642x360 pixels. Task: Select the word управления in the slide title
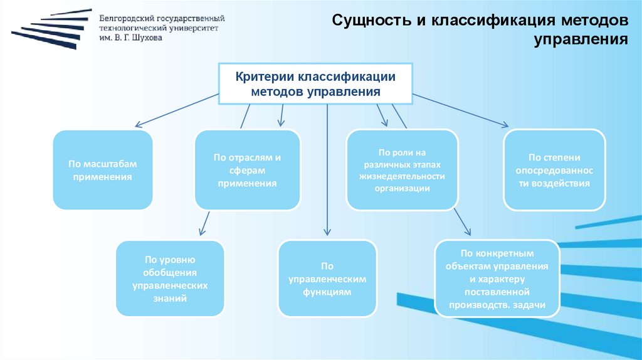[581, 41]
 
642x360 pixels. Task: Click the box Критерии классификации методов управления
[315, 84]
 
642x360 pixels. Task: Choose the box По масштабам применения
[103, 170]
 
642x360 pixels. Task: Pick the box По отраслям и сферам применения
[247, 170]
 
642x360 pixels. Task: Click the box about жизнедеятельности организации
[403, 170]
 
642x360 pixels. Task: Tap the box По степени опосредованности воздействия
[554, 170]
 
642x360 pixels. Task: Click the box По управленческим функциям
[327, 278]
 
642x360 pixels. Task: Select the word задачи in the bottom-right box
[529, 305]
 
